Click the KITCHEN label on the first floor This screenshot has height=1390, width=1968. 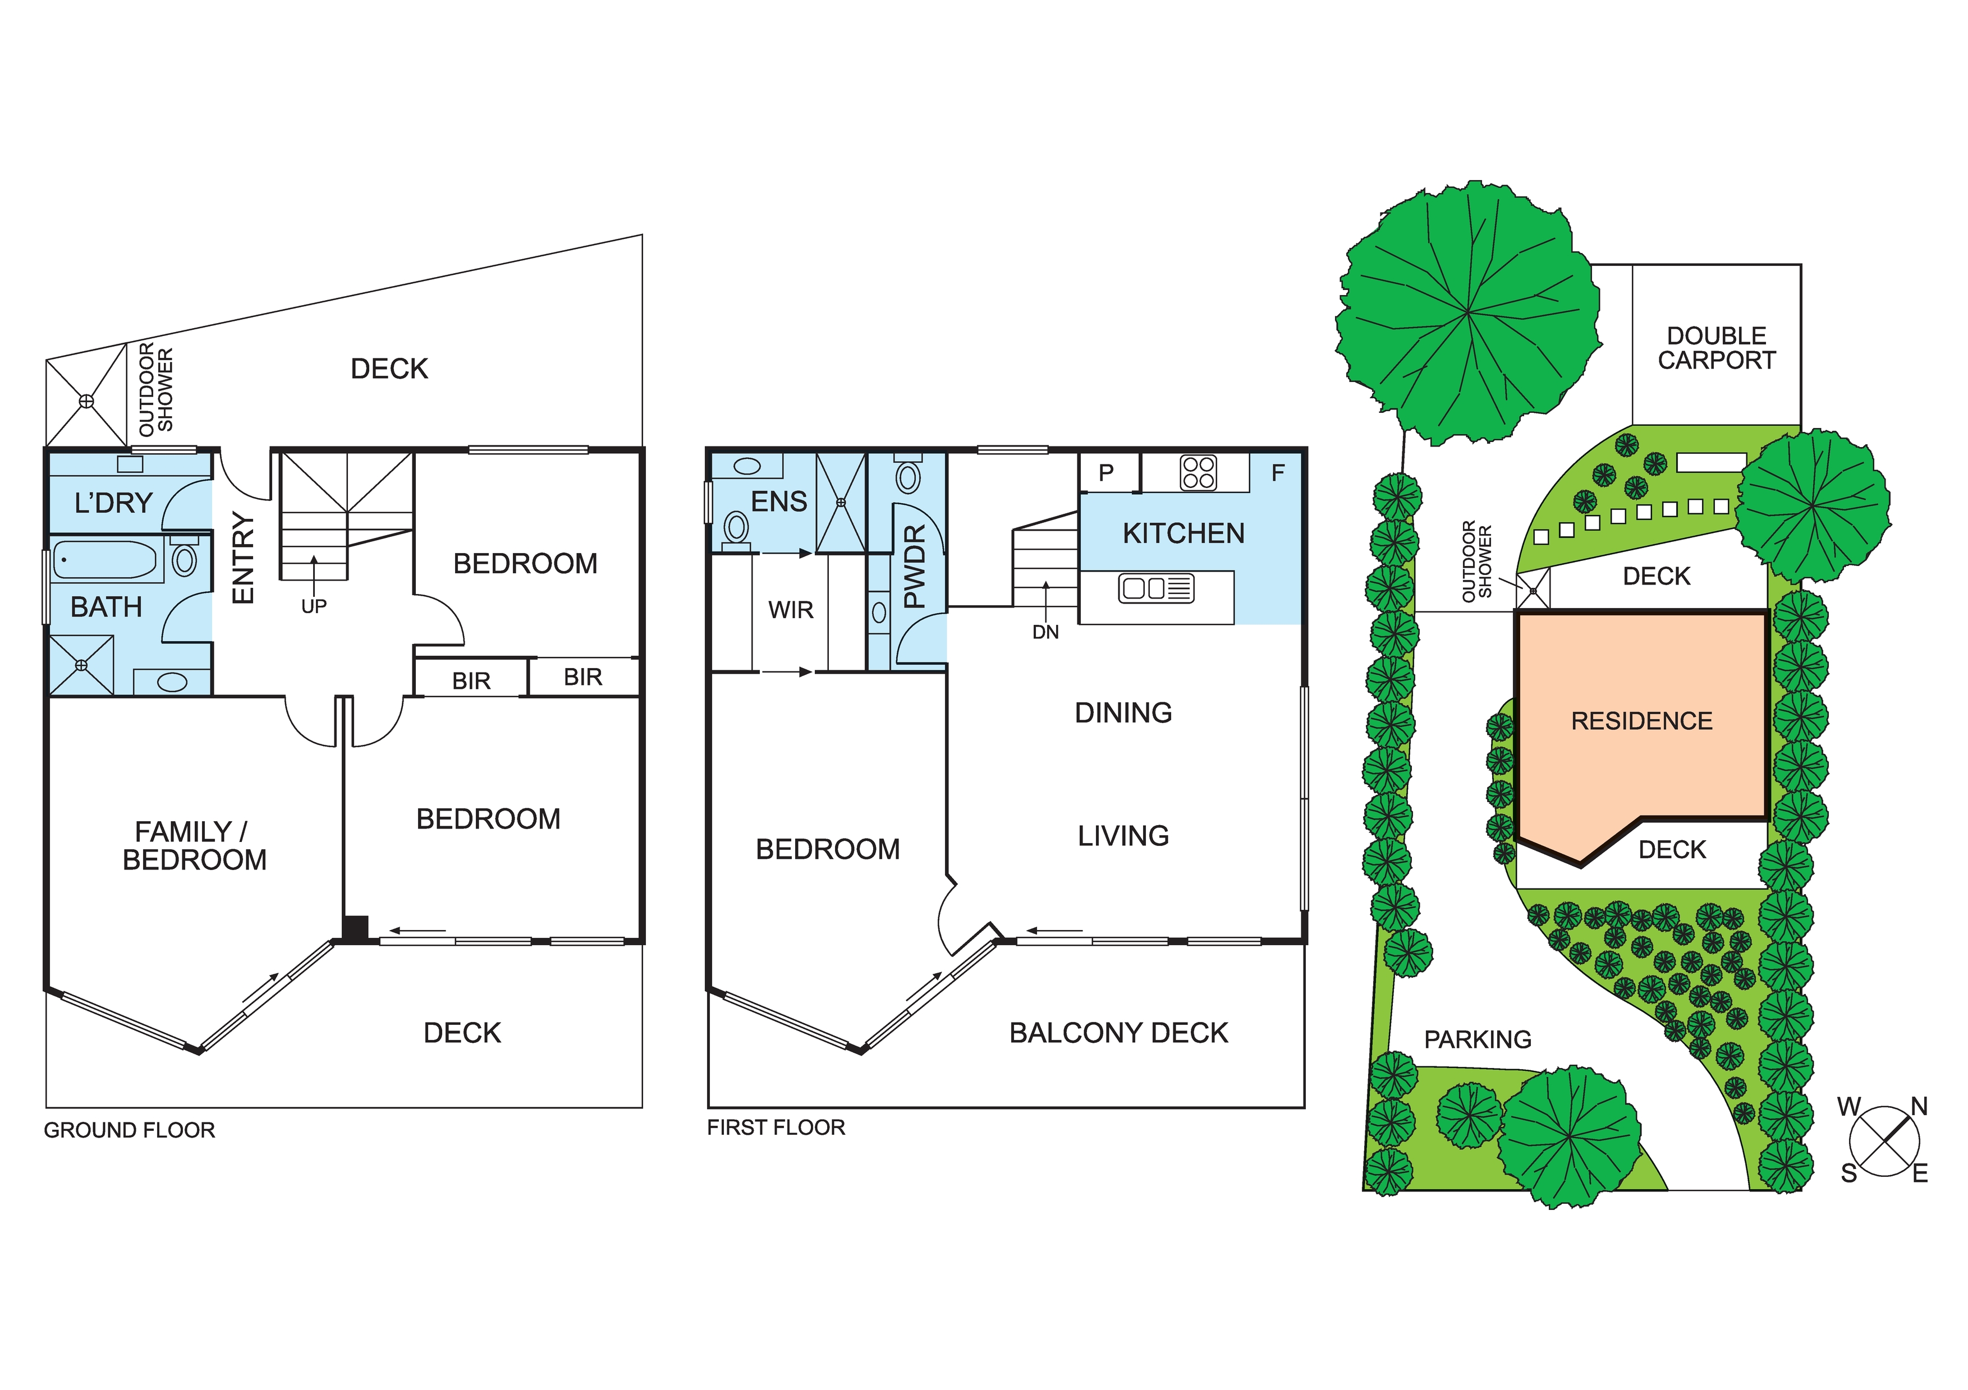click(x=1183, y=534)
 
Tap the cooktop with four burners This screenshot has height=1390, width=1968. click(x=1198, y=472)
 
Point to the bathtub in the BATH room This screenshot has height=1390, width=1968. click(x=104, y=560)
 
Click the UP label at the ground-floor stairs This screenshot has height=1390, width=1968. click(x=314, y=607)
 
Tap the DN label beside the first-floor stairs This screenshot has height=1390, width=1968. click(x=1045, y=632)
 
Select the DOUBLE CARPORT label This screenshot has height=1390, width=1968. click(x=1716, y=348)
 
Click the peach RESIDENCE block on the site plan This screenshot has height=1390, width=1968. click(x=1641, y=721)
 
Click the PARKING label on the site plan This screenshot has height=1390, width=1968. click(x=1477, y=1039)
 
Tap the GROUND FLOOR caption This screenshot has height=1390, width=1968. click(x=130, y=1130)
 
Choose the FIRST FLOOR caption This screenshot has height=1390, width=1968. click(x=776, y=1128)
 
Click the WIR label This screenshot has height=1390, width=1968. click(x=790, y=610)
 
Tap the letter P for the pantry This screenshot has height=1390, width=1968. click(x=1105, y=472)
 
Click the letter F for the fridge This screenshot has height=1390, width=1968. click(x=1277, y=472)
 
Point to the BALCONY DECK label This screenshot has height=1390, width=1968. click(x=1118, y=1033)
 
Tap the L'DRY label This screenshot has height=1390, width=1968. click(x=113, y=503)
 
